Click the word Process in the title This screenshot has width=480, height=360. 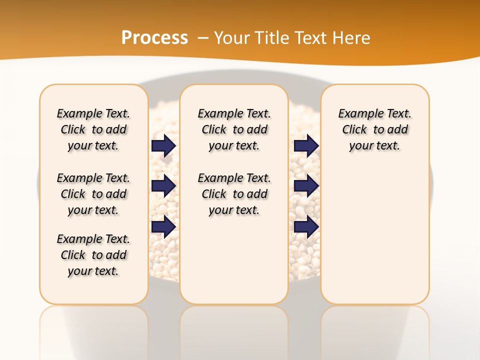(154, 38)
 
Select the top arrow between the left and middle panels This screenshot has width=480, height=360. (163, 145)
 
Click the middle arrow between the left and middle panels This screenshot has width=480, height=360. (163, 186)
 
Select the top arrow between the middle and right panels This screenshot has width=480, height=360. (306, 145)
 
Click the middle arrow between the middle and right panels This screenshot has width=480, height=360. (306, 186)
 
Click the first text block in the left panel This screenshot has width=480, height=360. (93, 129)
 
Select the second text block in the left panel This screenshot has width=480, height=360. (93, 194)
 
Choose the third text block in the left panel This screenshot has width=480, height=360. (93, 255)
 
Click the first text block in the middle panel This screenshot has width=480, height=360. (234, 129)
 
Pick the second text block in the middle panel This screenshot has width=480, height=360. (234, 194)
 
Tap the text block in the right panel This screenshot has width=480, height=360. (374, 129)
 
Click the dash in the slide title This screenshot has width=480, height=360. (202, 38)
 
